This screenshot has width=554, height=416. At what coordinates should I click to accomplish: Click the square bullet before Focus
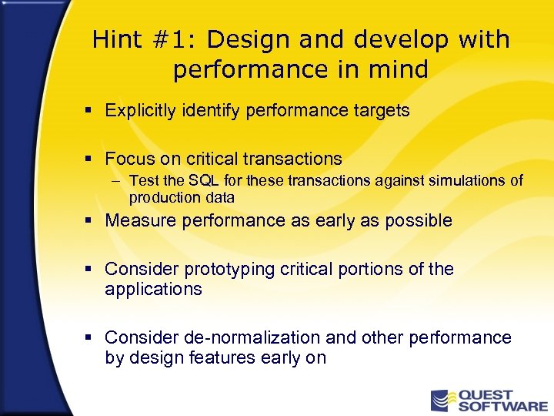(x=90, y=159)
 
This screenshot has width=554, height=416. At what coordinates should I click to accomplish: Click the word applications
(x=153, y=290)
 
